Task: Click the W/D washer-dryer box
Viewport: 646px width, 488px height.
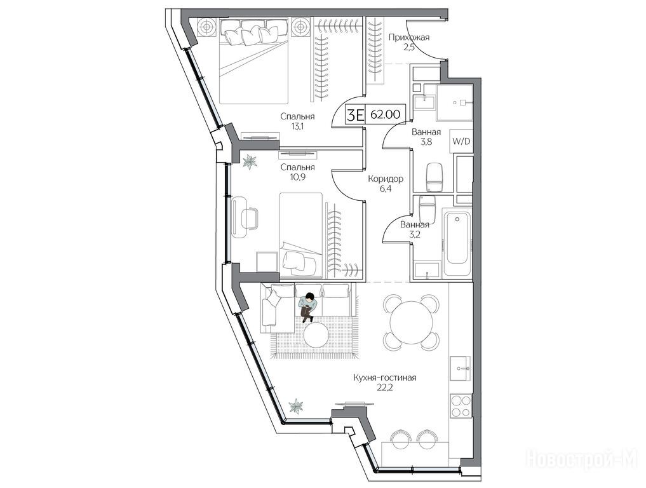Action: tap(461, 141)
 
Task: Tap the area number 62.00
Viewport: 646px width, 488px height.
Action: tap(385, 114)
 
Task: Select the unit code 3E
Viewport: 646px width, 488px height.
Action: tap(356, 114)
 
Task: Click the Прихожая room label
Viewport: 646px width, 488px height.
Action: tap(409, 37)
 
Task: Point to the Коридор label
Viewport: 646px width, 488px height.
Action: tap(385, 179)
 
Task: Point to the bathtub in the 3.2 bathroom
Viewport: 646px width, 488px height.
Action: tap(456, 237)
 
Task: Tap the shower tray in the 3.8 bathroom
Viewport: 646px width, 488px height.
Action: tap(455, 102)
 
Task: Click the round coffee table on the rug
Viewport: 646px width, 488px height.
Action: tap(316, 334)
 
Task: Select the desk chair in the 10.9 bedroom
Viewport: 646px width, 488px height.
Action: tap(250, 218)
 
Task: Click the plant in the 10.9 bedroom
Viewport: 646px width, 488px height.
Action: tap(249, 161)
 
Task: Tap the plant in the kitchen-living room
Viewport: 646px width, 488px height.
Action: tap(296, 406)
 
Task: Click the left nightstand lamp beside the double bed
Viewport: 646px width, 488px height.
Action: tap(206, 27)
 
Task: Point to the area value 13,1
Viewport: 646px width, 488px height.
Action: tap(297, 126)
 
